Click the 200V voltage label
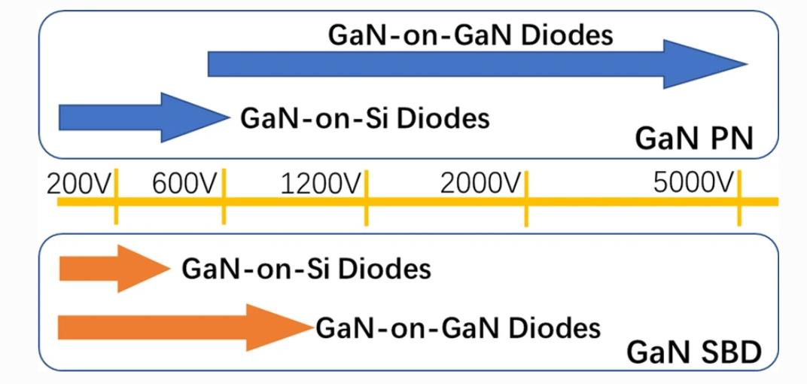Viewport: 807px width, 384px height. coord(79,184)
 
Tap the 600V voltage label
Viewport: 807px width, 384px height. coord(185,184)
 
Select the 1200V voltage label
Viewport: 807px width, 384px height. coord(322,184)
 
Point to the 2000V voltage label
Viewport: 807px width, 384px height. coord(481,184)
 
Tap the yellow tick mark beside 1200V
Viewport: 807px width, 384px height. coord(366,197)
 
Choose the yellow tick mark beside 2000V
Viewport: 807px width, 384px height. coord(526,198)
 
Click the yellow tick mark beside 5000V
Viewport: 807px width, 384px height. coord(739,198)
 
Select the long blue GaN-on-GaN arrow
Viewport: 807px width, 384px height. coord(477,64)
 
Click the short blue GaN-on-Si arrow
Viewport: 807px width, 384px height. coord(144,117)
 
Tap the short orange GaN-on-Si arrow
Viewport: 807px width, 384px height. coord(114,269)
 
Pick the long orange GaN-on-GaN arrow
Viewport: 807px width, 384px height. coord(185,328)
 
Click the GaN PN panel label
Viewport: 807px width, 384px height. coord(694,139)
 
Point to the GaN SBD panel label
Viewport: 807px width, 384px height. coord(693,353)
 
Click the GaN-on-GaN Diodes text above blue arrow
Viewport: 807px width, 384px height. coord(470,35)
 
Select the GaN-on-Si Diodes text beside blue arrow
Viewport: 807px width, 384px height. coord(365,118)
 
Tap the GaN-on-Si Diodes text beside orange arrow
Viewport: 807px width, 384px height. coord(306,268)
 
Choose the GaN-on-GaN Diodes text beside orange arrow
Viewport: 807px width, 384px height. coord(458,328)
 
